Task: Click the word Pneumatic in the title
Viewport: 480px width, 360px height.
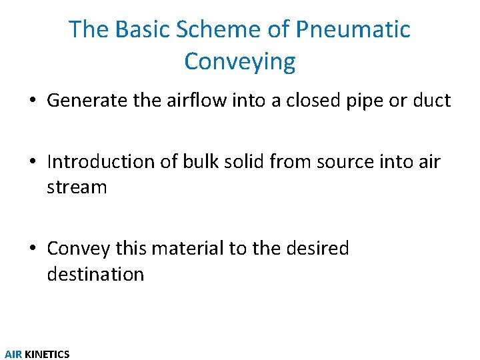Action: pos(353,29)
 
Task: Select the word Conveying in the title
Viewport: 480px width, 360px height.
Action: pos(240,61)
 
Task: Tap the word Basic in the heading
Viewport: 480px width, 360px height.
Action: pos(135,29)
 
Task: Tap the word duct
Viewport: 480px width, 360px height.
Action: pos(432,101)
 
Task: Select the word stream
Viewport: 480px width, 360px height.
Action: pos(77,187)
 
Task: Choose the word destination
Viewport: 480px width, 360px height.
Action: pos(95,274)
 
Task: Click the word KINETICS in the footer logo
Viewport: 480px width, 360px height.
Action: pos(47,354)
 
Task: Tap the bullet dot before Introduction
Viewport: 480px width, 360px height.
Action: pos(33,163)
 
